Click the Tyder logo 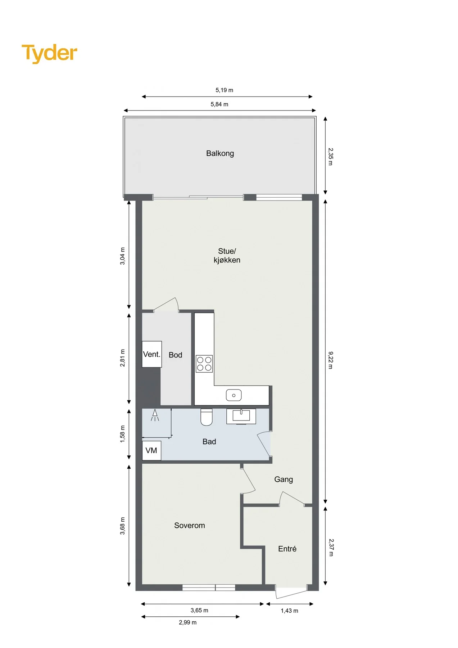pyautogui.click(x=49, y=53)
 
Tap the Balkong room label pyautogui.click(x=220, y=153)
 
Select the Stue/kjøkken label pyautogui.click(x=227, y=256)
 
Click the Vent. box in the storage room pyautogui.click(x=152, y=354)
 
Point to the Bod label pyautogui.click(x=176, y=355)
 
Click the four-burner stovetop pyautogui.click(x=204, y=364)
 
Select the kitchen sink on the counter pyautogui.click(x=234, y=395)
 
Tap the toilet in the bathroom pyautogui.click(x=207, y=417)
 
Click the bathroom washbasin pyautogui.click(x=241, y=416)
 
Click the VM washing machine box pyautogui.click(x=151, y=451)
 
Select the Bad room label pyautogui.click(x=209, y=442)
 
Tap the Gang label pyautogui.click(x=284, y=480)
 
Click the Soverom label pyautogui.click(x=190, y=526)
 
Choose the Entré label pyautogui.click(x=287, y=549)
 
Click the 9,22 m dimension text pyautogui.click(x=331, y=360)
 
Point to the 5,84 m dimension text pyautogui.click(x=219, y=104)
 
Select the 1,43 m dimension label pyautogui.click(x=290, y=611)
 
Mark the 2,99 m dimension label pyautogui.click(x=188, y=622)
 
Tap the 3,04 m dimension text pyautogui.click(x=123, y=256)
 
